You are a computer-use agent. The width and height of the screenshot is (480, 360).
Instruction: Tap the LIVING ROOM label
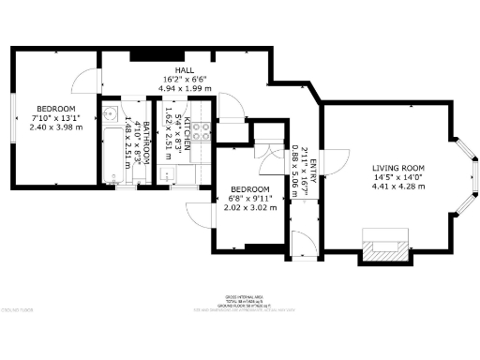click(x=393, y=167)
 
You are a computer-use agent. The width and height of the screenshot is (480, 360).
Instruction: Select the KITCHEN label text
click(x=187, y=134)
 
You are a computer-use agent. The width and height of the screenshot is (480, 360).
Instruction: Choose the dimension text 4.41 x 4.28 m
click(x=393, y=187)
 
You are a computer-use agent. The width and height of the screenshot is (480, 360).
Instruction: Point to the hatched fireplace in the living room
click(x=384, y=247)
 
